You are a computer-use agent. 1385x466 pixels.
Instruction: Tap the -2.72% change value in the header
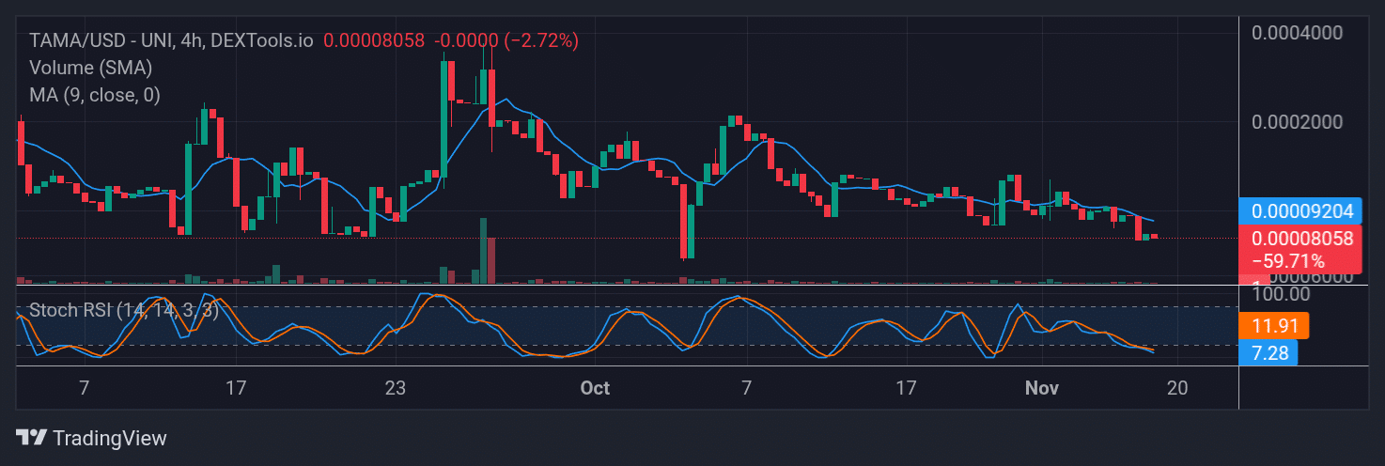click(542, 40)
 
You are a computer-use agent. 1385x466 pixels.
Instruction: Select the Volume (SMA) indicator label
click(90, 68)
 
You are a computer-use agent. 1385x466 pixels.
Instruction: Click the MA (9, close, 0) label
click(94, 95)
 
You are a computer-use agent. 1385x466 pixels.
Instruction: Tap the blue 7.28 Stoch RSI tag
click(1268, 353)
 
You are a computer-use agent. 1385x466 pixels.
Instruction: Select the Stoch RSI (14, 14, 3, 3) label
click(123, 310)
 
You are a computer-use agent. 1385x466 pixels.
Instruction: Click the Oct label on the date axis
click(595, 388)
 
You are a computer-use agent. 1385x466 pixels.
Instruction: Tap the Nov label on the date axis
click(1041, 388)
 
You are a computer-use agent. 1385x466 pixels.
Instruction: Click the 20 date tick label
click(1178, 388)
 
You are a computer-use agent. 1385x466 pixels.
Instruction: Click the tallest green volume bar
click(483, 250)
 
